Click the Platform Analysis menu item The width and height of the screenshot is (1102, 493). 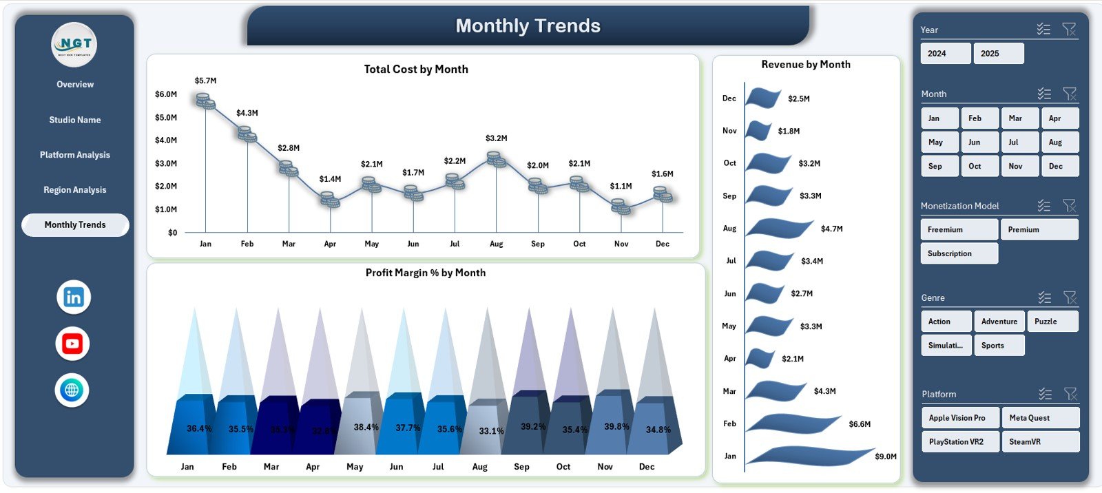click(74, 155)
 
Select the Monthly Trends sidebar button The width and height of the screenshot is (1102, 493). click(75, 225)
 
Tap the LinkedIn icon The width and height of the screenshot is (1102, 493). click(73, 297)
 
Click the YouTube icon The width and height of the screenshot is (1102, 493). click(72, 344)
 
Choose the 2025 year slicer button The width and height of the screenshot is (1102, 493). click(998, 54)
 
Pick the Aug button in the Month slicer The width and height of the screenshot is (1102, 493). click(1059, 143)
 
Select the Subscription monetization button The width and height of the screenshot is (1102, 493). click(959, 253)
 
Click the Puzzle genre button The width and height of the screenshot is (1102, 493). click(1052, 322)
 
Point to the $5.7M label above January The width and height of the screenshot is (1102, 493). click(205, 81)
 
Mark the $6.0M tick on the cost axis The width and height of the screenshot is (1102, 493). click(166, 94)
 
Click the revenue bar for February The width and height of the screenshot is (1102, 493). click(792, 423)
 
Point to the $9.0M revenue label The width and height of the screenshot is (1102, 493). click(886, 457)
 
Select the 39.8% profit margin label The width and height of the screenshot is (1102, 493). click(616, 427)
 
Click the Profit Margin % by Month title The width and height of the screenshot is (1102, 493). click(425, 273)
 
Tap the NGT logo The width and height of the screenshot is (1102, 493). click(74, 45)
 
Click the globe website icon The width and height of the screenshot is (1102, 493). click(72, 390)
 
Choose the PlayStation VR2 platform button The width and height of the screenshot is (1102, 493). click(959, 442)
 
